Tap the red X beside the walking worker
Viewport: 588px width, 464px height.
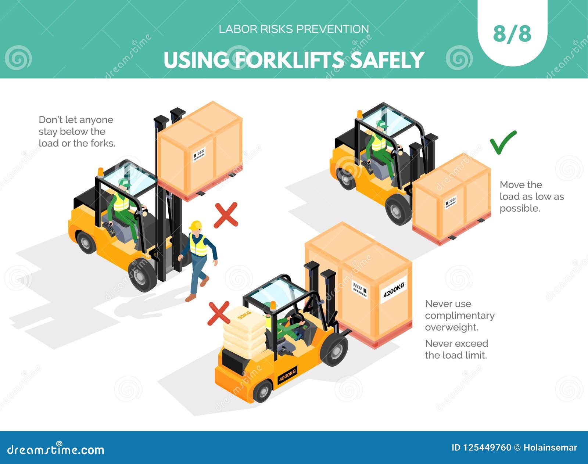click(226, 215)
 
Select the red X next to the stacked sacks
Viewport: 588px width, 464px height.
click(219, 313)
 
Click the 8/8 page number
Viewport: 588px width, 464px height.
click(512, 34)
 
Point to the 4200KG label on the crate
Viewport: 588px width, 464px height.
click(394, 289)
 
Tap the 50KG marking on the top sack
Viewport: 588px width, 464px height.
click(244, 315)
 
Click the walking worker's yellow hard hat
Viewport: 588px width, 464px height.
click(196, 225)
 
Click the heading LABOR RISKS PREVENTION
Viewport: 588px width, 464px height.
click(294, 29)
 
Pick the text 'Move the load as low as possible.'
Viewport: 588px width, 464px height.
click(531, 197)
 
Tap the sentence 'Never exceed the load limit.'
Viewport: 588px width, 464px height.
click(456, 349)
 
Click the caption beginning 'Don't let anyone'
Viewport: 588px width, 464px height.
click(76, 132)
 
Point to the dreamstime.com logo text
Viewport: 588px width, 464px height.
click(56, 450)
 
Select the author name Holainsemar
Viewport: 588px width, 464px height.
click(550, 447)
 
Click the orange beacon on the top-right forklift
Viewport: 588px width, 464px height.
click(359, 114)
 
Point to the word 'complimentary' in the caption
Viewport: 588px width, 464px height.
click(459, 316)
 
